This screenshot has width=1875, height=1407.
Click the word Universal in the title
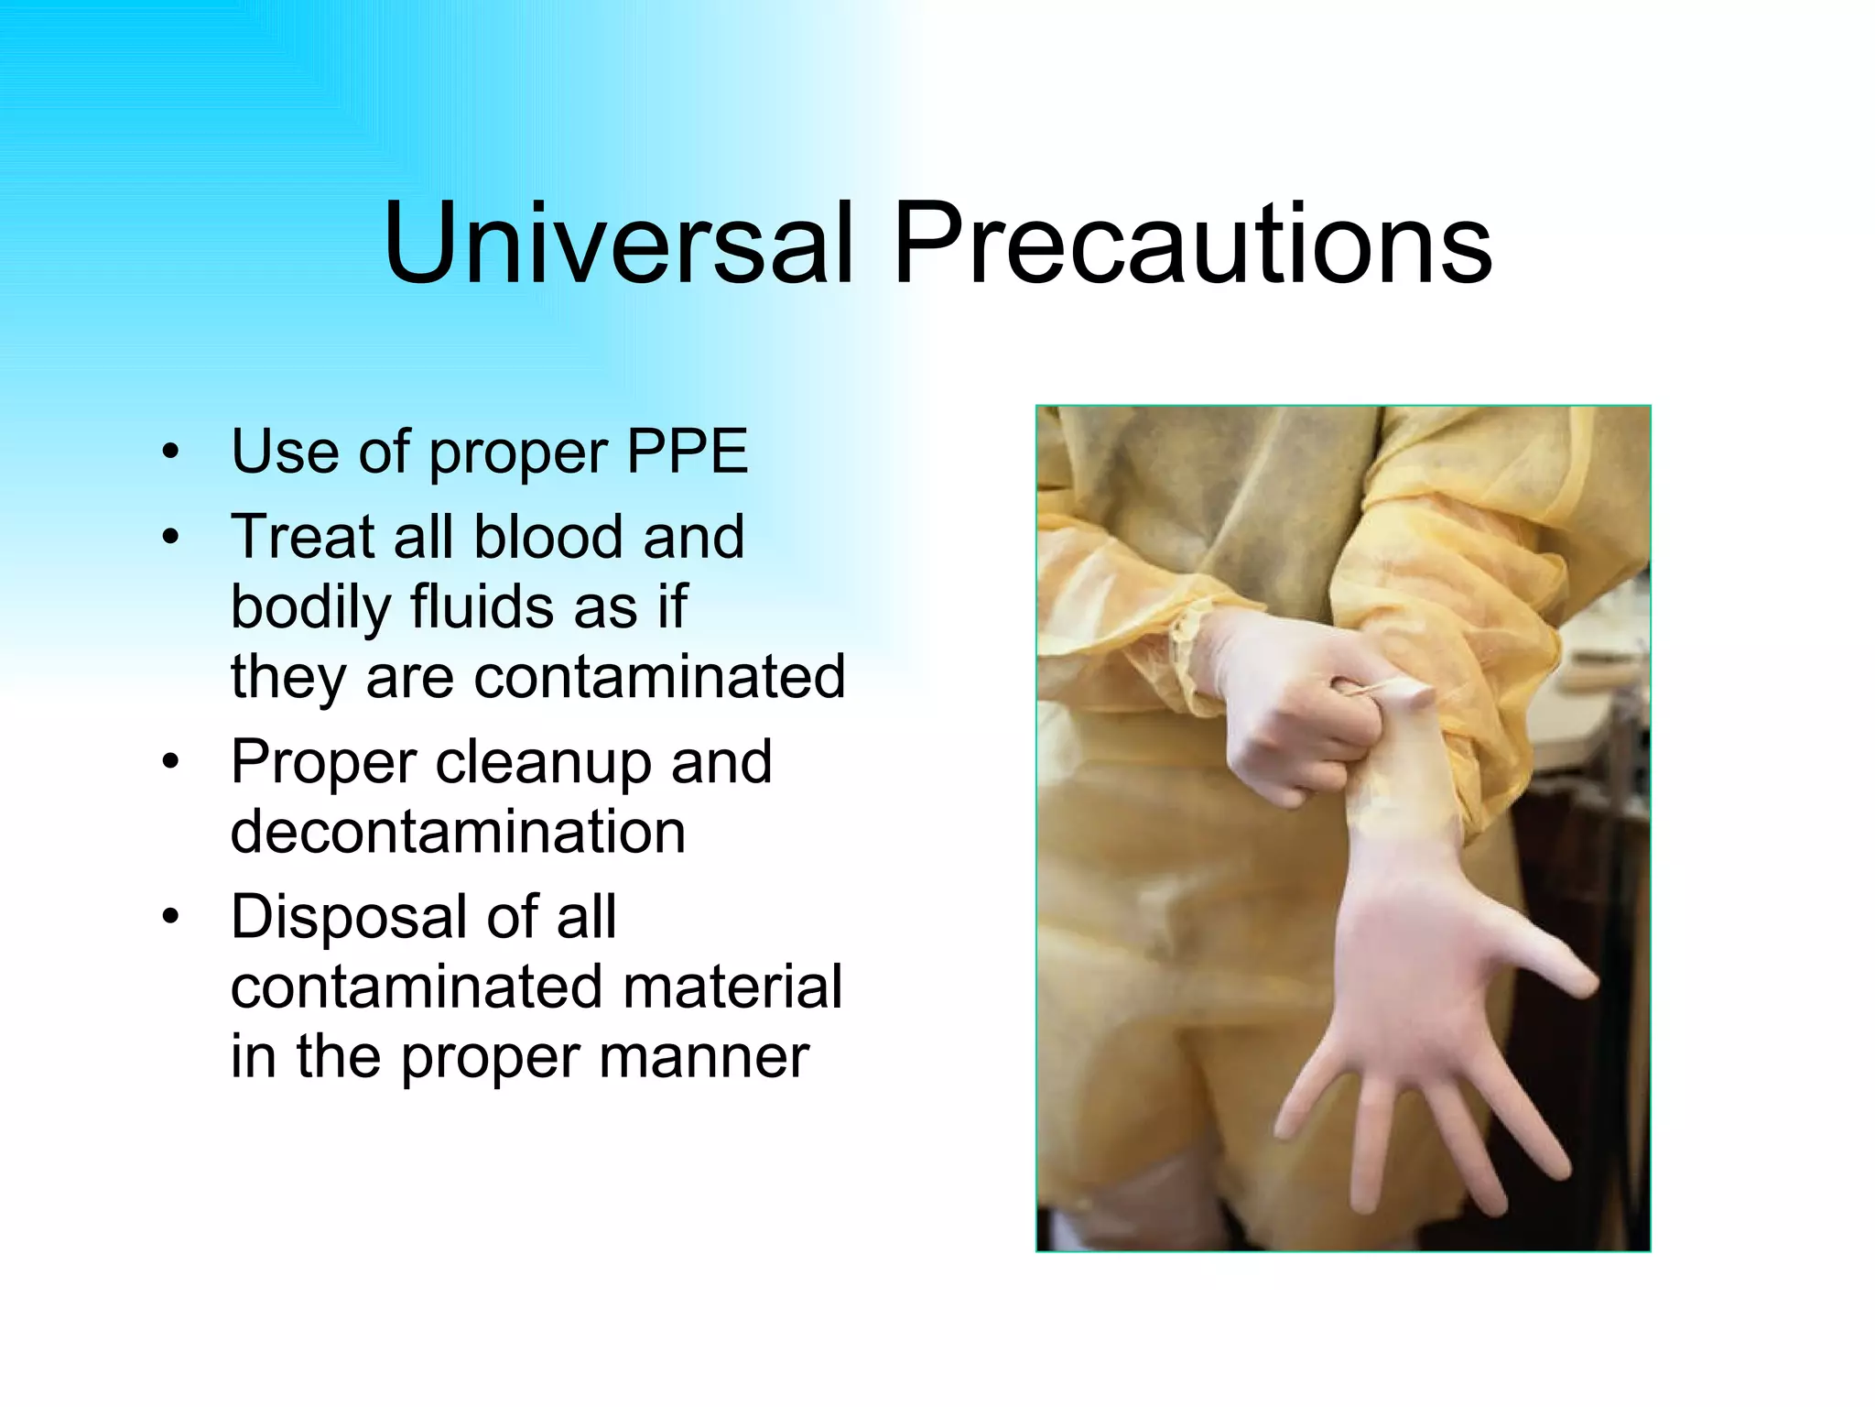tap(619, 243)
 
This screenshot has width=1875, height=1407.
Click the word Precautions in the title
tap(1192, 243)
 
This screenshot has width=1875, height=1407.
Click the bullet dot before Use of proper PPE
tap(169, 453)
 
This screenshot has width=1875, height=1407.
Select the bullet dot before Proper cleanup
tap(169, 763)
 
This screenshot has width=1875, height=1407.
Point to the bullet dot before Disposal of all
tap(169, 917)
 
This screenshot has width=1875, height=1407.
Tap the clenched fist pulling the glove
tap(1300, 724)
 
